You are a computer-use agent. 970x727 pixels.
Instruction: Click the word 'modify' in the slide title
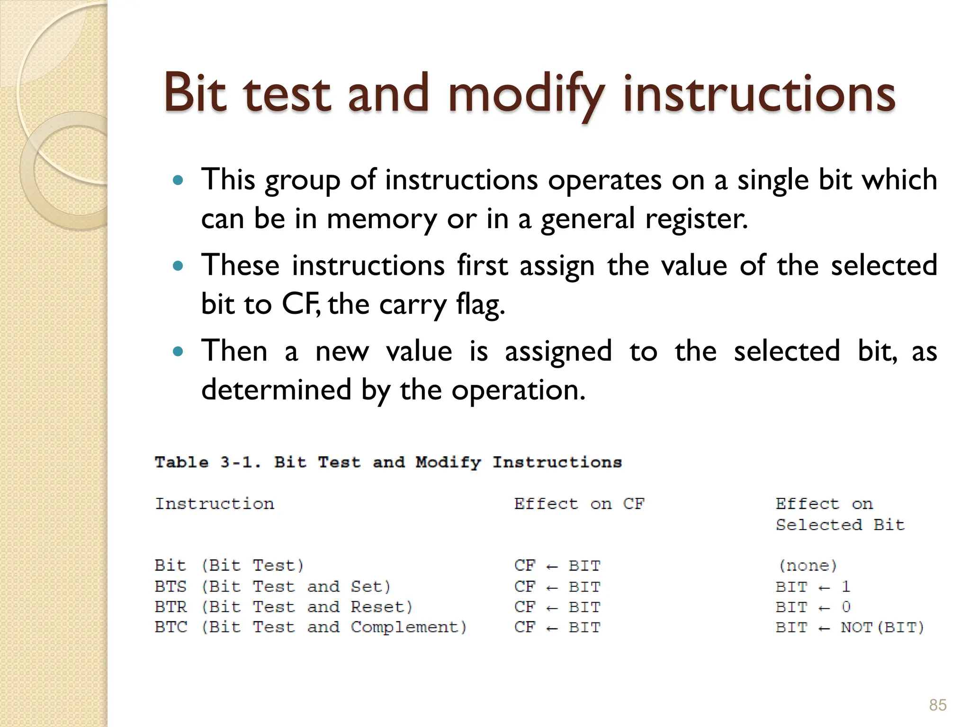[x=526, y=95]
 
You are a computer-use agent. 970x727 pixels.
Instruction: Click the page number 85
[x=937, y=705]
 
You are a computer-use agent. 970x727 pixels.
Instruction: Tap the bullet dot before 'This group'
[x=178, y=180]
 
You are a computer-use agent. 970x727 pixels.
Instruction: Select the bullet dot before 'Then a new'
[x=178, y=352]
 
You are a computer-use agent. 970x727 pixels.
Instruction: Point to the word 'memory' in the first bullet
[x=382, y=219]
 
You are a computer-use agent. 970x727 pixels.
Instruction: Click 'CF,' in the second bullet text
[x=301, y=304]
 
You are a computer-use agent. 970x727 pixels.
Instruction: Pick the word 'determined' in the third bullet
[x=276, y=390]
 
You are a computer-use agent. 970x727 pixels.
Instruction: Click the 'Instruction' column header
[x=215, y=504]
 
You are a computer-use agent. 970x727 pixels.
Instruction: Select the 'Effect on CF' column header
[x=579, y=504]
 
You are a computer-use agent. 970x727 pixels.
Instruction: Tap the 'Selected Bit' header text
[x=840, y=525]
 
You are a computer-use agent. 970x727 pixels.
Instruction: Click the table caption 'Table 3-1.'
[x=207, y=462]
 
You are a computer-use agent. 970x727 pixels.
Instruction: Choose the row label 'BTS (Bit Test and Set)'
[x=273, y=587]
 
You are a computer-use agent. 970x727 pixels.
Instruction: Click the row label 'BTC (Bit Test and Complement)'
[x=311, y=628]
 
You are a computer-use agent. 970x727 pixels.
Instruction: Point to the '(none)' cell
[x=808, y=566]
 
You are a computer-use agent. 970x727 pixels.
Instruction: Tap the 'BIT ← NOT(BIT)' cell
[x=850, y=628]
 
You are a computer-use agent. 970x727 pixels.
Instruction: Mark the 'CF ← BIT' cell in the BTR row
[x=557, y=607]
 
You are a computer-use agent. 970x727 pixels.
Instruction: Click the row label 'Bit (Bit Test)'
[x=229, y=566]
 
